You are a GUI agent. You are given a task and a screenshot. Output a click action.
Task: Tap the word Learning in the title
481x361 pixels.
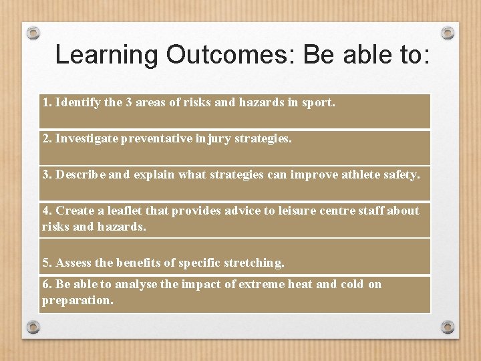107,55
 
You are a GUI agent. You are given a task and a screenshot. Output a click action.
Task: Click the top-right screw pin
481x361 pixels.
448,32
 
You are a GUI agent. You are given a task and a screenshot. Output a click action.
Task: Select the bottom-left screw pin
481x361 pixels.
33,327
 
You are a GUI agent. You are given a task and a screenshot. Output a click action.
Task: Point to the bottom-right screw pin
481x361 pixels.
448,327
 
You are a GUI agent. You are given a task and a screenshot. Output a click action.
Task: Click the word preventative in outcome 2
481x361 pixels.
155,138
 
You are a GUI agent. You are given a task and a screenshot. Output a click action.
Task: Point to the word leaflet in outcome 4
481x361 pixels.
124,211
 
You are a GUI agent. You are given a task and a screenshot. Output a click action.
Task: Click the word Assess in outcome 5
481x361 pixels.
73,263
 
